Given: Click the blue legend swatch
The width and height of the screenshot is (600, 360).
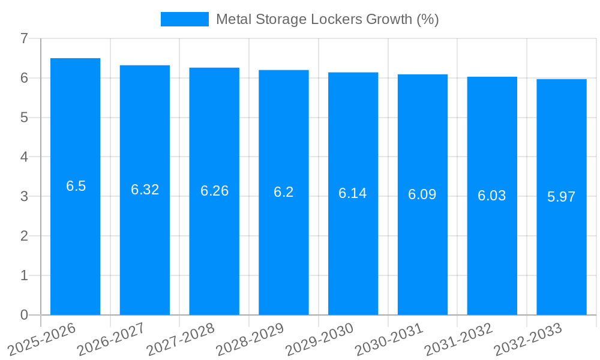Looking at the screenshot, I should click(184, 19).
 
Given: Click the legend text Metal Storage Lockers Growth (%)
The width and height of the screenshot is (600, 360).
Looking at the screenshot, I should click(327, 19).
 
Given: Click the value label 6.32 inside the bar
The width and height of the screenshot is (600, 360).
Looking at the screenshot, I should click(145, 190).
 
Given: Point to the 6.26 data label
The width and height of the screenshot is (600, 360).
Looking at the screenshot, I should click(214, 191).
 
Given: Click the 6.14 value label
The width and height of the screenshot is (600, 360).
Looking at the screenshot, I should click(353, 193).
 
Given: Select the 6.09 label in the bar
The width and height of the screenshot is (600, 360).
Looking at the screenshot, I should click(422, 194).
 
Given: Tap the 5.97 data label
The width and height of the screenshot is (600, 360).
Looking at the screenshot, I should click(562, 197).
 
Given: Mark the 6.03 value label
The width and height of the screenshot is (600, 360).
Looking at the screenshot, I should click(492, 196).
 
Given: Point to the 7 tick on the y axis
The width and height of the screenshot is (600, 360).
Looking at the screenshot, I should click(24, 38).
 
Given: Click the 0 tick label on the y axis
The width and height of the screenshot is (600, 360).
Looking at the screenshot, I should click(24, 315).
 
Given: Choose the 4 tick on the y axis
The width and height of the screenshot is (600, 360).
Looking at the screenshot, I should click(24, 157).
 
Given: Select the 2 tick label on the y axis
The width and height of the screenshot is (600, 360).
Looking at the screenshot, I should click(24, 236).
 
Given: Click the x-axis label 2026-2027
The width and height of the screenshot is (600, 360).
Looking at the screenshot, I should click(110, 340).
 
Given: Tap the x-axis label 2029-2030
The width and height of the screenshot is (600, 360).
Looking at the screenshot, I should click(319, 340).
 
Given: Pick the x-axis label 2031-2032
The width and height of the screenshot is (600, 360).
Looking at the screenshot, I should click(458, 340).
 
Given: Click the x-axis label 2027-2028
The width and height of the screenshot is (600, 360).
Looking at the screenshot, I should click(180, 340).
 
